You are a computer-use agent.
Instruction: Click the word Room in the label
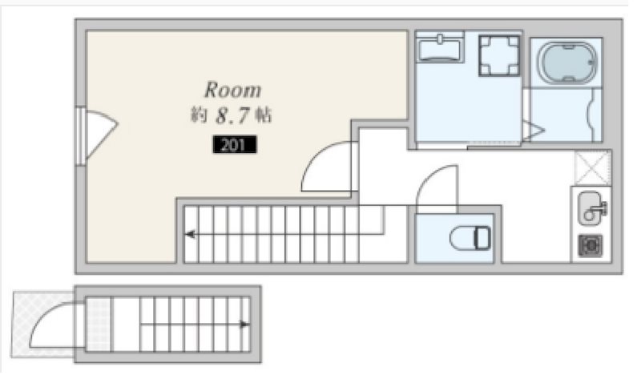(x=232, y=90)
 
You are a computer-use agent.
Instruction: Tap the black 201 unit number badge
(x=235, y=144)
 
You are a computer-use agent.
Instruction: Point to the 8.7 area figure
(x=232, y=115)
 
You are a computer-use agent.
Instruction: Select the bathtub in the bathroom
(x=567, y=62)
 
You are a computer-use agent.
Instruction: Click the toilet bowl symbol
(x=470, y=238)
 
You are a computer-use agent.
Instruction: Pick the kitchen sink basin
(x=591, y=208)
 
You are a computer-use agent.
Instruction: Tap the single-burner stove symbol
(x=591, y=245)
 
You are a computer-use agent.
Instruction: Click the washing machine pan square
(x=499, y=55)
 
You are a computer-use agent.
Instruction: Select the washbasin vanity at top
(x=440, y=47)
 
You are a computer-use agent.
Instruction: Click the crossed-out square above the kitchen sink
(x=592, y=168)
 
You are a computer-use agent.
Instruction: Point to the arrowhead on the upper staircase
(x=189, y=234)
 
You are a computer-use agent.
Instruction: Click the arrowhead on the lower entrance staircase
(x=244, y=325)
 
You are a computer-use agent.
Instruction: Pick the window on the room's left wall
(x=81, y=135)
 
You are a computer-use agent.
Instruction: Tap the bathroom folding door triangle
(x=534, y=131)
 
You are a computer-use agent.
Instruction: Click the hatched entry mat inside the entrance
(x=98, y=324)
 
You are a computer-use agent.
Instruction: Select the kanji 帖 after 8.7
(x=264, y=115)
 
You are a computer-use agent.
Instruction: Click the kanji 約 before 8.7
(x=199, y=115)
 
